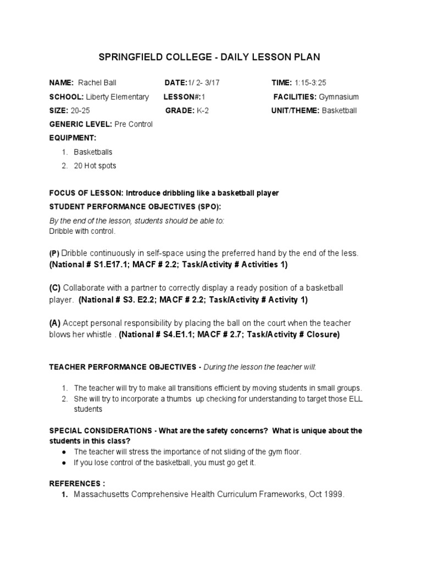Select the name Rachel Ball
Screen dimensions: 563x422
pos(98,83)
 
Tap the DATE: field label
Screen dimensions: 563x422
pos(176,83)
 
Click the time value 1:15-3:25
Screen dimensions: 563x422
pos(310,83)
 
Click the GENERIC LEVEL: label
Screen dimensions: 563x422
pos(80,124)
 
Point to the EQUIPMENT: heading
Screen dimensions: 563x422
pos(73,137)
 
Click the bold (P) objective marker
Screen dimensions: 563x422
pos(53,253)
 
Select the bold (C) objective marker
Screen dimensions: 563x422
pos(54,288)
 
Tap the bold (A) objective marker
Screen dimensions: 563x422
pos(54,323)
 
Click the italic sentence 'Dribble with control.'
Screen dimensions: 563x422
pos(82,231)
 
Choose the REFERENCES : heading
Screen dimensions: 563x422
pos(77,484)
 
